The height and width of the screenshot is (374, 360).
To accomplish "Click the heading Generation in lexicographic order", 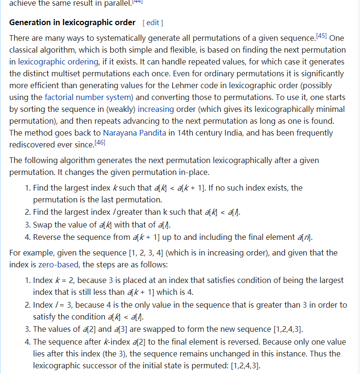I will (x=72, y=23).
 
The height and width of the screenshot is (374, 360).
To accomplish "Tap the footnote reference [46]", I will (x=100, y=143).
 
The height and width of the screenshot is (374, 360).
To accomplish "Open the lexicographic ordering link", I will (x=58, y=62).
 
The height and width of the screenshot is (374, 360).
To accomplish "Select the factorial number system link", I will (x=88, y=97).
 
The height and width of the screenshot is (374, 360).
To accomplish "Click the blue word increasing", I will (x=156, y=109).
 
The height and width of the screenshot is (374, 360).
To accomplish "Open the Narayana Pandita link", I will (x=135, y=133).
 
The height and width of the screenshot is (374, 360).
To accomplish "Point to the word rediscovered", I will (x=32, y=145).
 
